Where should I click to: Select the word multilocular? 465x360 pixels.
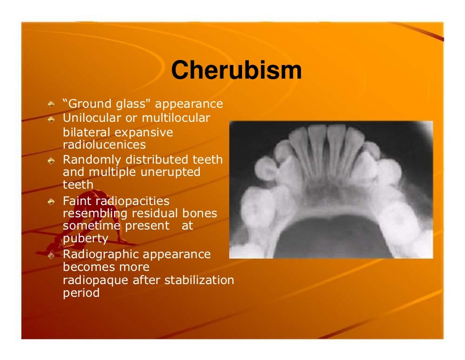[176, 118]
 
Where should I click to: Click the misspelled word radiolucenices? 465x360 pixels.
[104, 145]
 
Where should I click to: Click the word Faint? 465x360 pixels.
[76, 200]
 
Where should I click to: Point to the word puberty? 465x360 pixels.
[85, 238]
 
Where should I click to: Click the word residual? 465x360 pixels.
[154, 213]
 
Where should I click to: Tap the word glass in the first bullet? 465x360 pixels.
[129, 104]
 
